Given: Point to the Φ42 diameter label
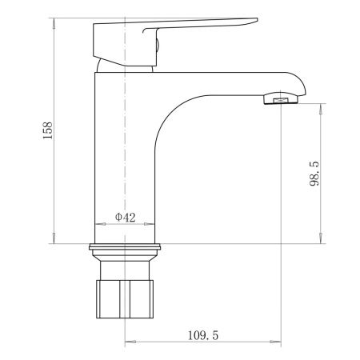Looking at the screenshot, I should (125, 216).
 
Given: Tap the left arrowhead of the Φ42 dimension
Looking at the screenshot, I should (98, 225).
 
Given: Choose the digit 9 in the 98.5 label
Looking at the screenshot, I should (316, 182).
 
